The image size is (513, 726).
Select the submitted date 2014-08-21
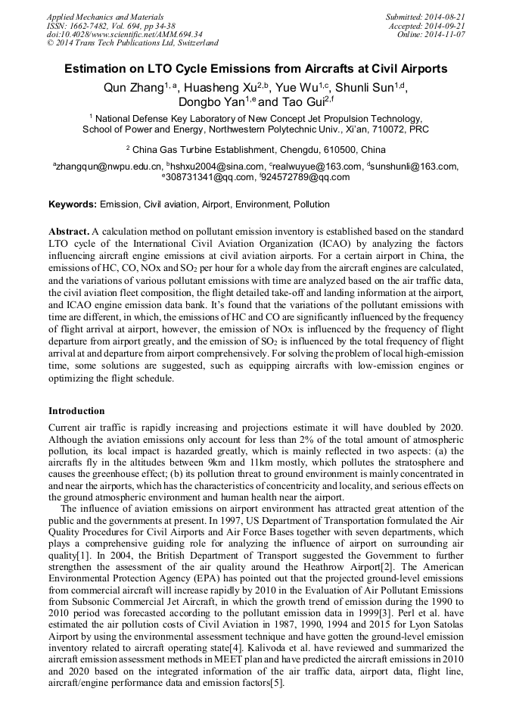pyautogui.click(x=446, y=16)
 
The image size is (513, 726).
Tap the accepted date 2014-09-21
pyautogui.click(x=447, y=25)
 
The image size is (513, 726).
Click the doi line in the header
pyautogui.click(x=124, y=34)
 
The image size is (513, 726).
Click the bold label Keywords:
pyautogui.click(x=73, y=204)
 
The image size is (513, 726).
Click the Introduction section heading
pyautogui.click(x=76, y=411)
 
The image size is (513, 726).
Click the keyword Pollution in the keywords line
pyautogui.click(x=312, y=204)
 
